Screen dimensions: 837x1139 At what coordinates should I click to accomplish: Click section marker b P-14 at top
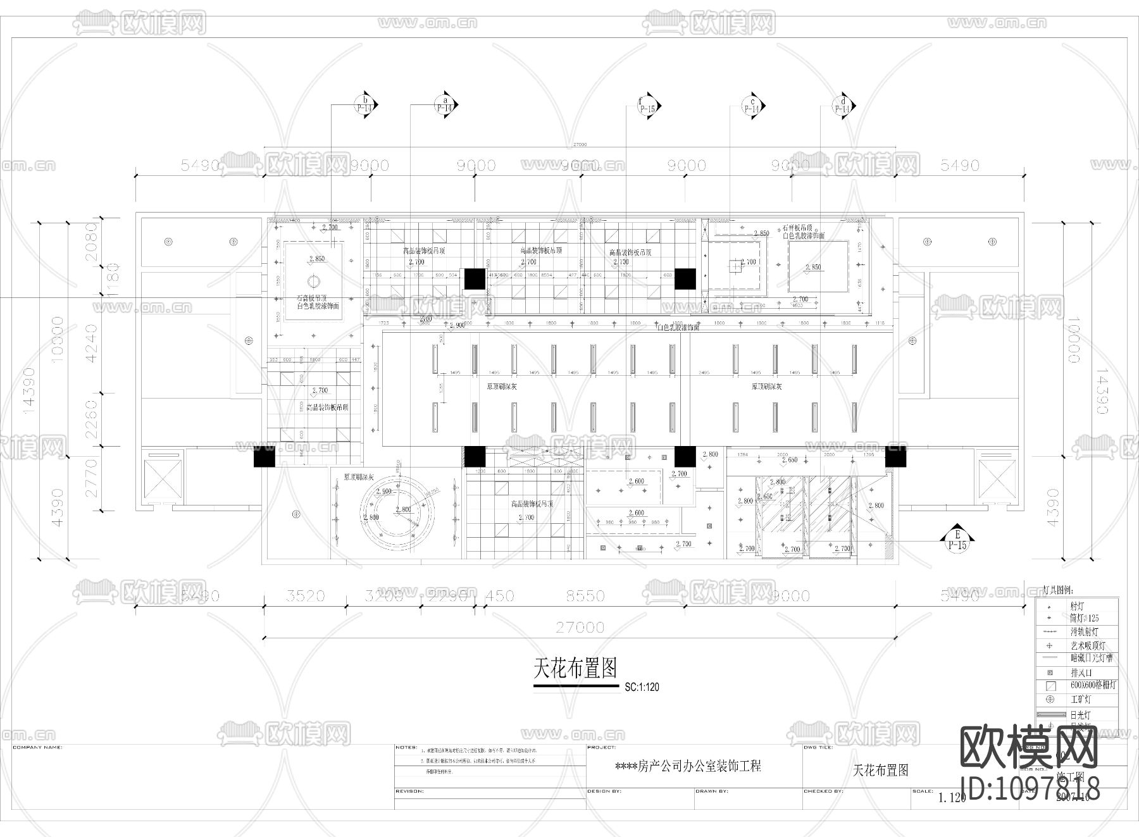(364, 104)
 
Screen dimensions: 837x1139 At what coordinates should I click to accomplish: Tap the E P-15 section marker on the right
(957, 539)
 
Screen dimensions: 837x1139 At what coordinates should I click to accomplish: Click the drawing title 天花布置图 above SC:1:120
(575, 667)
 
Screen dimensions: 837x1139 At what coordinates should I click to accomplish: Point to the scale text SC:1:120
(642, 687)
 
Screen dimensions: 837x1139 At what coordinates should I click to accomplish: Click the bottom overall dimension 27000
(580, 628)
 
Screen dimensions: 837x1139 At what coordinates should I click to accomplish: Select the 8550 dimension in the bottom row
(585, 596)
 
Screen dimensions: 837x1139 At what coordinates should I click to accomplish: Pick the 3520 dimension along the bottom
(305, 596)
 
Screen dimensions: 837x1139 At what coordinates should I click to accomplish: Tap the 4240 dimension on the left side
(91, 343)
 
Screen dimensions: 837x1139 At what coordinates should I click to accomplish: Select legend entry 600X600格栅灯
(1093, 685)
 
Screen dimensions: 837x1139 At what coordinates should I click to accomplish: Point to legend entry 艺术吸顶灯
(1088, 646)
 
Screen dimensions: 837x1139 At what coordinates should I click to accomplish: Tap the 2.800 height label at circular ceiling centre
(403, 509)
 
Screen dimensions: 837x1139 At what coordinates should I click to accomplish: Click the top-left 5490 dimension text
(200, 166)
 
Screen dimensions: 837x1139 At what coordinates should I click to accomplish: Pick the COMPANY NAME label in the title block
(37, 748)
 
